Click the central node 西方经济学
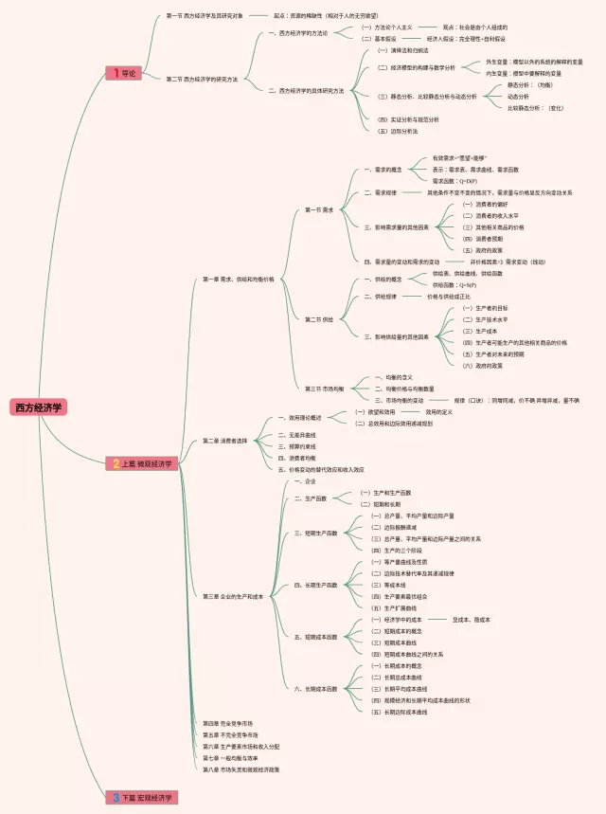39,407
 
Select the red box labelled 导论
125,73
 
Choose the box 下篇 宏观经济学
143,798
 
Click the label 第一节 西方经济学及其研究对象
205,16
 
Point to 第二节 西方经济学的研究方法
202,79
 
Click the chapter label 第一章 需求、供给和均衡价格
239,280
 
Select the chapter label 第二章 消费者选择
225,441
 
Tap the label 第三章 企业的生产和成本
233,596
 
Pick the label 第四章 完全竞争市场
227,723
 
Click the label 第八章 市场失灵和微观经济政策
241,769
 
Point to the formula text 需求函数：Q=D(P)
454,180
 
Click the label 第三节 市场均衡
325,389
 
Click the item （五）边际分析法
398,131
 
